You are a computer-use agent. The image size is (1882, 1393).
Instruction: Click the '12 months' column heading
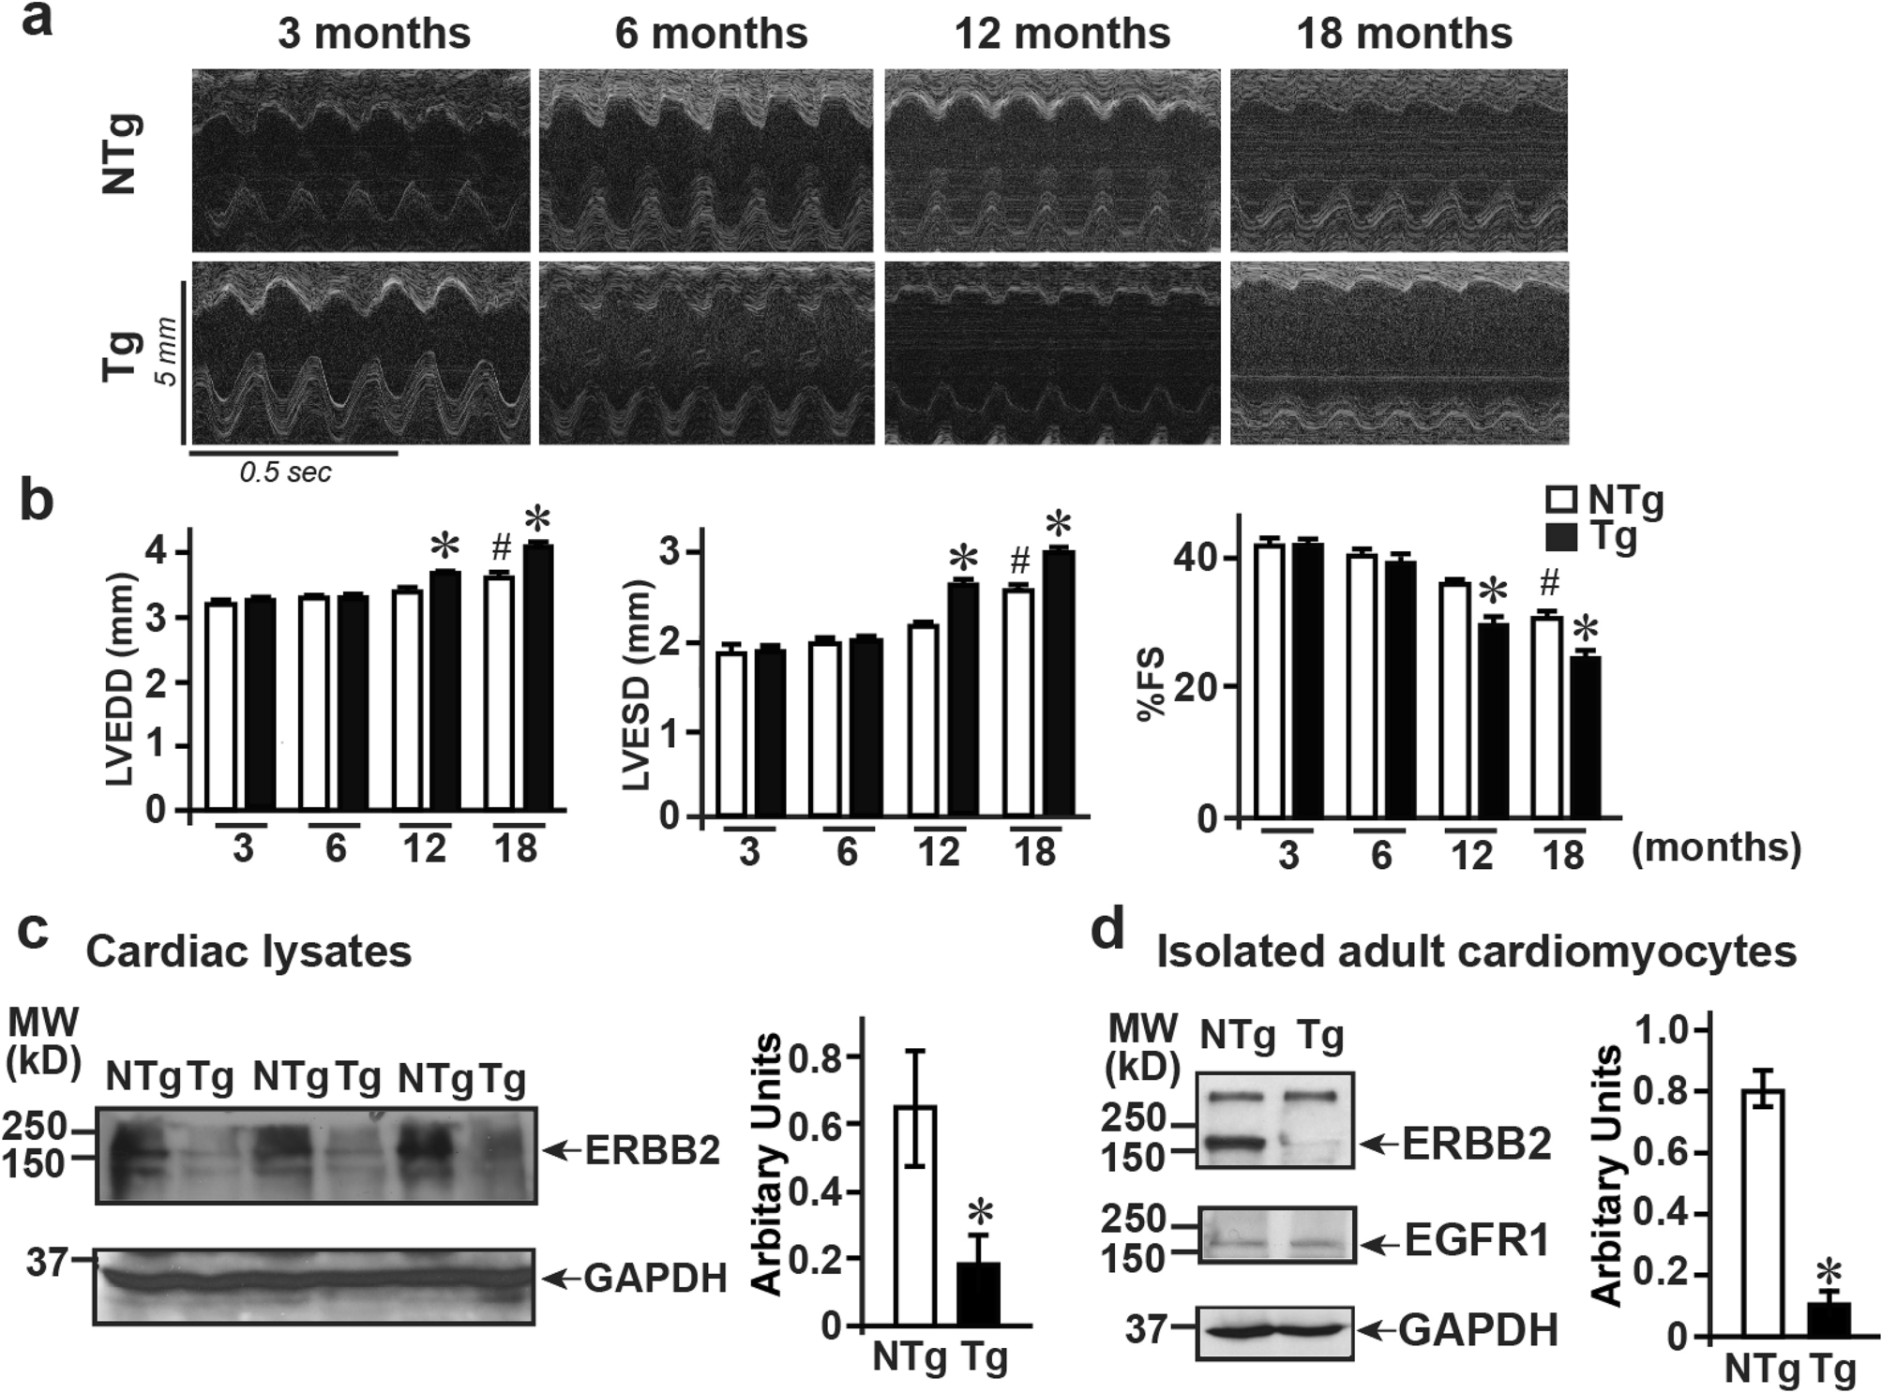coord(1061,34)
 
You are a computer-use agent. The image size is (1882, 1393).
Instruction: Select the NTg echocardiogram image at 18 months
coord(1398,159)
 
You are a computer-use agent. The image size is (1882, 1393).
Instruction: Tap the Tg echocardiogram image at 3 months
coord(361,352)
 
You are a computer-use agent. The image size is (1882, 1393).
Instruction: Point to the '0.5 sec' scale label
coord(285,472)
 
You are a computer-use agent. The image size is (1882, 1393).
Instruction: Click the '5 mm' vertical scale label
coord(166,352)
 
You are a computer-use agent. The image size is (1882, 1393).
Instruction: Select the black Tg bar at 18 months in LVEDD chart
coord(538,676)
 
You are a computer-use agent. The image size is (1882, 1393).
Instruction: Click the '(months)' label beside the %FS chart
coord(1716,847)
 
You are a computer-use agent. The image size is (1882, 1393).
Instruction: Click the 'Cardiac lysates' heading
coord(248,951)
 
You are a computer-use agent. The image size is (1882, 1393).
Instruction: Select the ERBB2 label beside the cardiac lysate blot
coord(653,1150)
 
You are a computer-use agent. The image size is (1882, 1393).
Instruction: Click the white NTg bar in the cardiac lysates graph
coord(915,1216)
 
